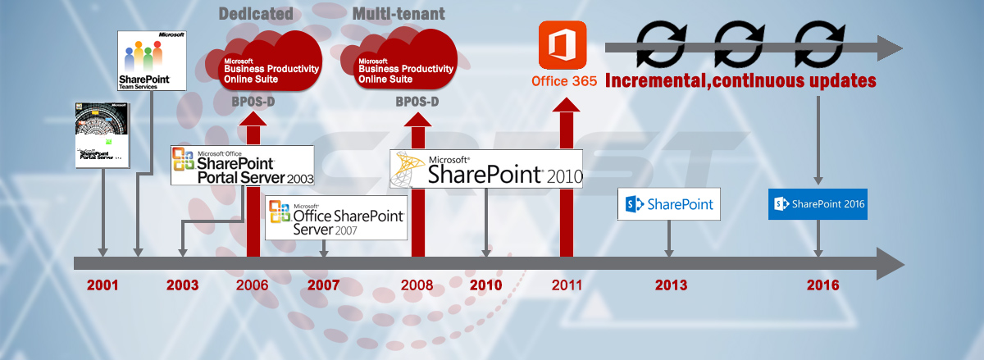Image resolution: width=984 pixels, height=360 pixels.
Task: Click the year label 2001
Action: (102, 285)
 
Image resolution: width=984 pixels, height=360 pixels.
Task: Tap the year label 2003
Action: (182, 285)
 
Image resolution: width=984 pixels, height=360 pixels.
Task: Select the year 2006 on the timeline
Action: (252, 285)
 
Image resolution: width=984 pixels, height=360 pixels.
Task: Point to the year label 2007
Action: (323, 285)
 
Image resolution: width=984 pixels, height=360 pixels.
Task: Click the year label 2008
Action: (417, 285)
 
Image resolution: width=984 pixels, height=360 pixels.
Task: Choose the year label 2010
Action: (486, 285)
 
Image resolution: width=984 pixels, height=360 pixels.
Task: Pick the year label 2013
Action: (671, 285)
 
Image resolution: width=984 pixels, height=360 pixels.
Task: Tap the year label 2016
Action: (822, 285)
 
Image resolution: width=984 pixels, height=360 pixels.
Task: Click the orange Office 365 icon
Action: (563, 46)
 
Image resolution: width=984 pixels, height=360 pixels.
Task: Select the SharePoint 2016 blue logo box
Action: (818, 203)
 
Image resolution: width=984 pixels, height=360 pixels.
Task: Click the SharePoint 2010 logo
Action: (486, 169)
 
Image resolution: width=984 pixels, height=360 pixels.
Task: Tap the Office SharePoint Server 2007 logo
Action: (337, 217)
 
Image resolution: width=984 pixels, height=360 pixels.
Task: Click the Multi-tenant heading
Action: (399, 14)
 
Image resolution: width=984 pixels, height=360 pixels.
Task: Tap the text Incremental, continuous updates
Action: (740, 81)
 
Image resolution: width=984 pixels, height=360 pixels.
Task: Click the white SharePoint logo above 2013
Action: (669, 203)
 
